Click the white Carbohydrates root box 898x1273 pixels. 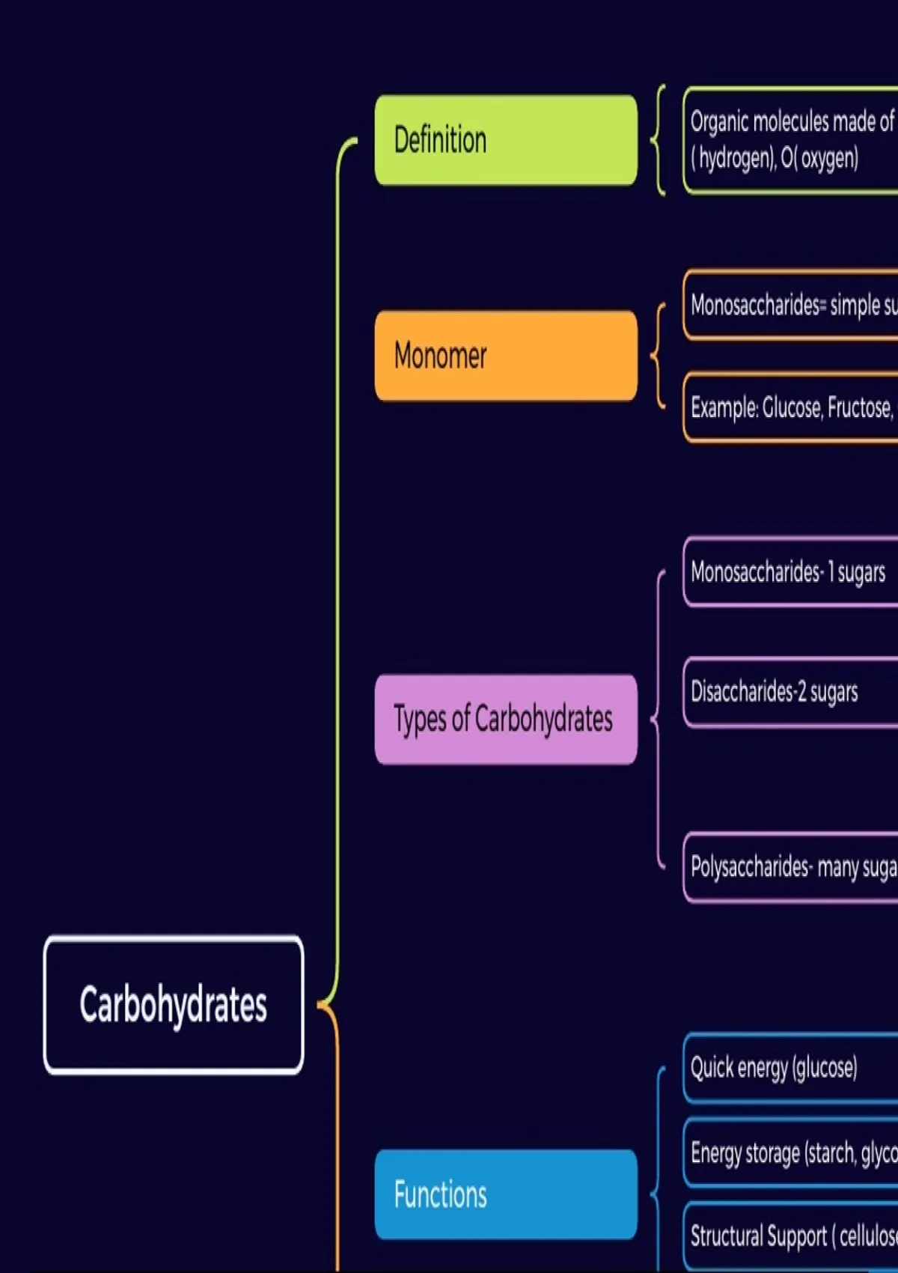click(x=174, y=1005)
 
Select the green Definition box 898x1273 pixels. click(x=506, y=140)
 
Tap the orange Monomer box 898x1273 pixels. click(x=506, y=356)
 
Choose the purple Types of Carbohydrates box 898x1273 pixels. click(x=506, y=719)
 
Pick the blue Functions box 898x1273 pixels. click(x=506, y=1194)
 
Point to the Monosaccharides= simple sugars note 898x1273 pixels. click(x=791, y=305)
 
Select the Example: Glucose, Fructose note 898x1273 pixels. click(x=791, y=407)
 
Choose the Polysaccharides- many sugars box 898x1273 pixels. click(x=791, y=866)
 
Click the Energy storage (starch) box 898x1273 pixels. click(x=791, y=1152)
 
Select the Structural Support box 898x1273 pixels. click(x=791, y=1235)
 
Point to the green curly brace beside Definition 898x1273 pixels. click(x=659, y=140)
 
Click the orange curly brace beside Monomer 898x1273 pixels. click(x=659, y=356)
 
